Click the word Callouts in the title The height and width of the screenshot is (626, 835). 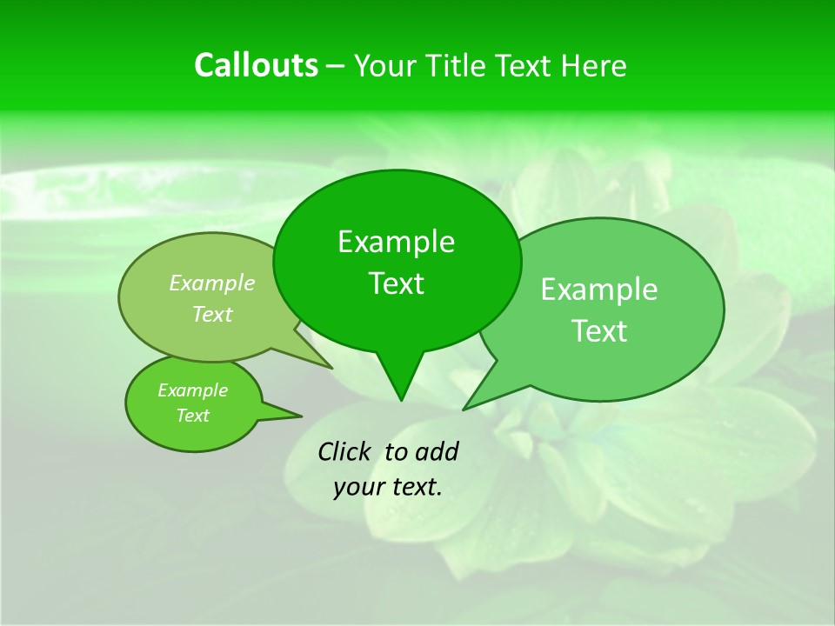256,65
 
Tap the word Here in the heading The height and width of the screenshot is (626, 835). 595,65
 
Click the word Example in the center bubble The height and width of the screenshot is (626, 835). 396,242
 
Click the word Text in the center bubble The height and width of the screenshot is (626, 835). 396,283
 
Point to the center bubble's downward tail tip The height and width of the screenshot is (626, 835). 401,400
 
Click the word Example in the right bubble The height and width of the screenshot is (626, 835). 599,290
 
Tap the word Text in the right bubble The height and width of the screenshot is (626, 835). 599,331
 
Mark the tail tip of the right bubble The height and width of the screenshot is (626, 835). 464,410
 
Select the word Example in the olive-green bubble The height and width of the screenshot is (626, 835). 212,283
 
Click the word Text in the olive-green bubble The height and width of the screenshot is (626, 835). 212,314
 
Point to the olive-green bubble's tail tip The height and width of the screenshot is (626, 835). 332,368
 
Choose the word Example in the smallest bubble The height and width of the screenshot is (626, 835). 192,390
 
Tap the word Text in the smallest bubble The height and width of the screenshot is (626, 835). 192,416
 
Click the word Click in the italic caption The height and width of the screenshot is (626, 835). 345,451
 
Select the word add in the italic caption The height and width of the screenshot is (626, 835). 436,451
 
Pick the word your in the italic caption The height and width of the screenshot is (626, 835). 357,487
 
